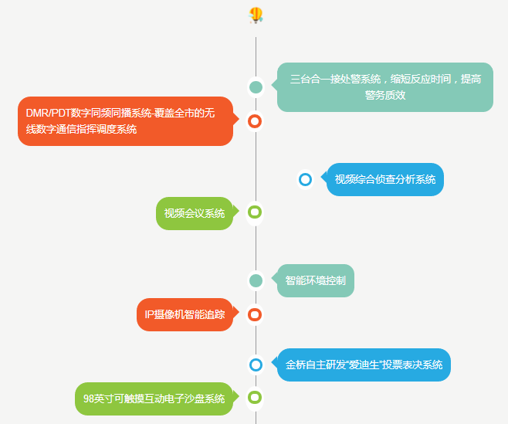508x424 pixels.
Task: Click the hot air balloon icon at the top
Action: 256,15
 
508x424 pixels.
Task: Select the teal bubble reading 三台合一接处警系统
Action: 385,86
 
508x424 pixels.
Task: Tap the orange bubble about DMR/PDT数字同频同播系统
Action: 125,121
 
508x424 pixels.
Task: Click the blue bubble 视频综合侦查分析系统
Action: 385,179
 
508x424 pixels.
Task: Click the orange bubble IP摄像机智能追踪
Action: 185,314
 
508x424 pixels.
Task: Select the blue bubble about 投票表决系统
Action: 364,365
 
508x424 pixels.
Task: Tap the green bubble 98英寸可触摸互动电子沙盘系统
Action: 154,399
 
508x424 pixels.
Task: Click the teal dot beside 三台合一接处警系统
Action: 256,86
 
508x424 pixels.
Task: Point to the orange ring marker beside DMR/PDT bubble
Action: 256,121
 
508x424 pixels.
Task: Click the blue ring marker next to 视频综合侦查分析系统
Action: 305,180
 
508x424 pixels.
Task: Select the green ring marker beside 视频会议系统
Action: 256,212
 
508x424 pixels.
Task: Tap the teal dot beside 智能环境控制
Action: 256,280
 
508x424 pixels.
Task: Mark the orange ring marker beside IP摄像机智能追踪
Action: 256,314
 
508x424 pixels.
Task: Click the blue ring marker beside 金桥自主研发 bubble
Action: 256,365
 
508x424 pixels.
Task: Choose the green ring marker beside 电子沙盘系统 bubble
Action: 256,398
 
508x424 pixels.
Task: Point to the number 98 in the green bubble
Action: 89,399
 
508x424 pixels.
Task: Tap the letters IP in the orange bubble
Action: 150,315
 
